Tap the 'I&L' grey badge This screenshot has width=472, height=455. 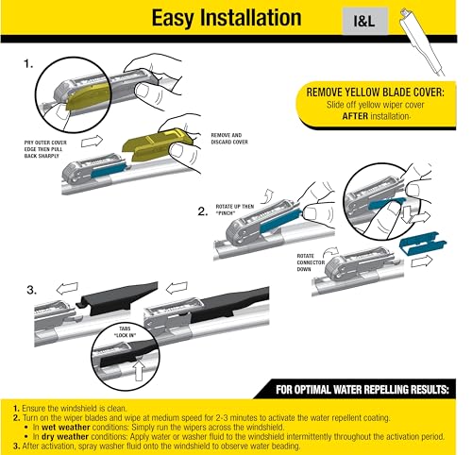pyautogui.click(x=342, y=19)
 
